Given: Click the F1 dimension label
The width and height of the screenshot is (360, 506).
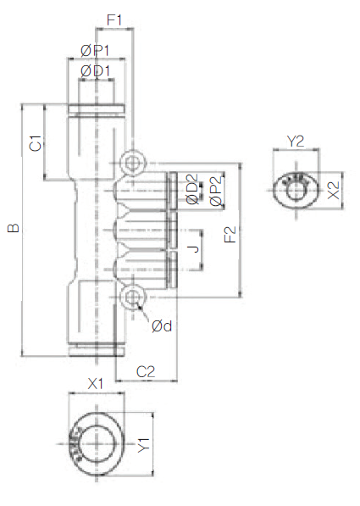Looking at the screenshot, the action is (114, 20).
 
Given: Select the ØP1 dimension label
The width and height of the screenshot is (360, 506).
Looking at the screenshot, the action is (95, 51).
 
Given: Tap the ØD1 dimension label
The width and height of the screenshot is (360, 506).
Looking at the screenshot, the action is (95, 71).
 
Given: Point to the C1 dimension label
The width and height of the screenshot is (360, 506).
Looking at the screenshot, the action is (36, 143).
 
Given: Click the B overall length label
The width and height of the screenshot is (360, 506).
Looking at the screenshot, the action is (14, 228).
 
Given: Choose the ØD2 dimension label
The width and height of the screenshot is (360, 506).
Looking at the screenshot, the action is (192, 189).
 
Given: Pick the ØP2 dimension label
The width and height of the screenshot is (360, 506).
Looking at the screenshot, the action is (216, 191).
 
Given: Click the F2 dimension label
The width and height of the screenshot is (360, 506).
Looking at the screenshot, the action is (230, 235).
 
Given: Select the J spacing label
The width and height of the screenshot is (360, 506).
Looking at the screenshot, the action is (193, 249).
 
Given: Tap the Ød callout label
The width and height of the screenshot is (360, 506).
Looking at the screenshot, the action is (162, 326).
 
